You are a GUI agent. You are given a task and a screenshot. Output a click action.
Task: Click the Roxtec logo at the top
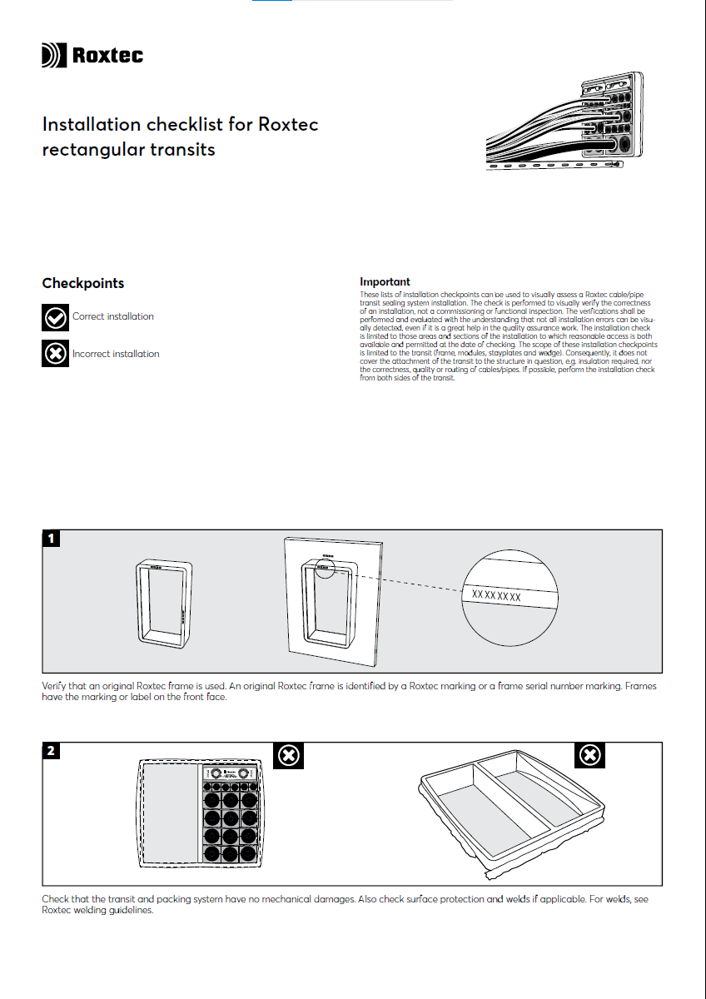point(92,56)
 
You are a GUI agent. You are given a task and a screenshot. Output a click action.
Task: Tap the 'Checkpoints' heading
point(83,284)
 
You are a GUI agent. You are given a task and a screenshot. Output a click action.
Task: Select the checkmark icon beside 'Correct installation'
point(55,317)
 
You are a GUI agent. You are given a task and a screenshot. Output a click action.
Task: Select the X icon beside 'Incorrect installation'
point(55,354)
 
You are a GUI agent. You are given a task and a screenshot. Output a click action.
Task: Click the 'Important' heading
point(385,282)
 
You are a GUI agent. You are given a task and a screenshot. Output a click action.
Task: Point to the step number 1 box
point(52,539)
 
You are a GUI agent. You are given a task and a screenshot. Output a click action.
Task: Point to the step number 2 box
point(52,751)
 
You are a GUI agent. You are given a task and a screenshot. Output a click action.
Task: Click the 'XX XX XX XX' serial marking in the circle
point(496,596)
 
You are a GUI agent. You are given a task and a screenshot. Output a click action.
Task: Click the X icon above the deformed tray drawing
point(590,755)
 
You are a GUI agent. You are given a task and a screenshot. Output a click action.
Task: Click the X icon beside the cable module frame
point(288,755)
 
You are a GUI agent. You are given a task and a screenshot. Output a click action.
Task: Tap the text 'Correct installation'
point(113,317)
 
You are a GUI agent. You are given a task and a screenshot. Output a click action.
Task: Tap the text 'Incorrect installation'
point(116,354)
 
